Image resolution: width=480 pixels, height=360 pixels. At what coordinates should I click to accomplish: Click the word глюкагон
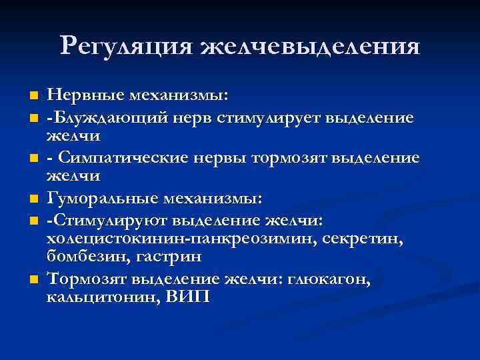(329, 279)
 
